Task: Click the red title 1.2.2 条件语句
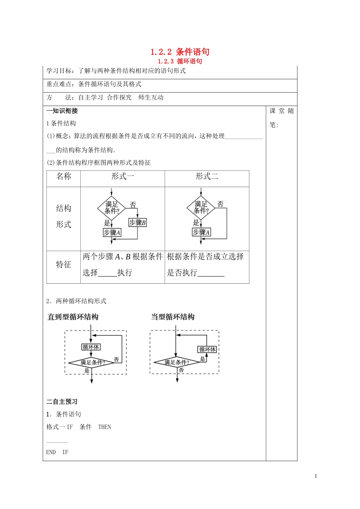coord(180,52)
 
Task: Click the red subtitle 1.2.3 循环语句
coord(180,61)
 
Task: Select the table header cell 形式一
coord(122,176)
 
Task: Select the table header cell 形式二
coord(207,176)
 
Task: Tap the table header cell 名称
coord(64,176)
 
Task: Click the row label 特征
coord(64,265)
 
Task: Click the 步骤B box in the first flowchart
coord(137,223)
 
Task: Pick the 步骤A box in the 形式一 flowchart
coord(112,233)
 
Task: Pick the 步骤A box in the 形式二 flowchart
coord(201,232)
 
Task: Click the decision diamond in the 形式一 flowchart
coord(112,208)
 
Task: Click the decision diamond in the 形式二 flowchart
coord(201,208)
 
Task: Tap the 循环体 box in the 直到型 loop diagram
coord(91,347)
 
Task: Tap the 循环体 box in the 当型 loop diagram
coord(207,349)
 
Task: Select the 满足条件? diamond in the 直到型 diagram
coord(92,362)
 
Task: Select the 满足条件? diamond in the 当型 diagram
coord(177,362)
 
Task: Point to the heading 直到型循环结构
coord(73,317)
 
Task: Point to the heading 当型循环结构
coord(173,317)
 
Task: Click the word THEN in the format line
coord(105,427)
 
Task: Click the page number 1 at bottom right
coord(316,476)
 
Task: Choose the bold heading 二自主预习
coord(62,402)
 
